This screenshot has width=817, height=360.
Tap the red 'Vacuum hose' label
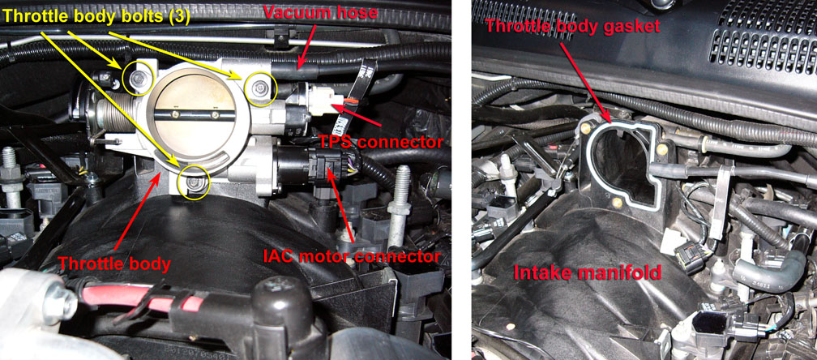pyautogui.click(x=320, y=12)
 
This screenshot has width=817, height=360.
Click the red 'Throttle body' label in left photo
pyautogui.click(x=114, y=264)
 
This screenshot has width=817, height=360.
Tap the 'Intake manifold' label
pyautogui.click(x=588, y=272)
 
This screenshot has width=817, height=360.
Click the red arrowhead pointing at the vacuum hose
pyautogui.click(x=301, y=64)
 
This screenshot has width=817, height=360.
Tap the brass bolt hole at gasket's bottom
pyautogui.click(x=617, y=202)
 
